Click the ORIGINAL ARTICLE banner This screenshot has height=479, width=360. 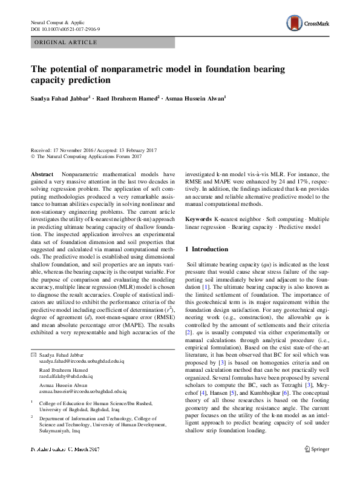(65, 42)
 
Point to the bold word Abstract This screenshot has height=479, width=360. (42, 174)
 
